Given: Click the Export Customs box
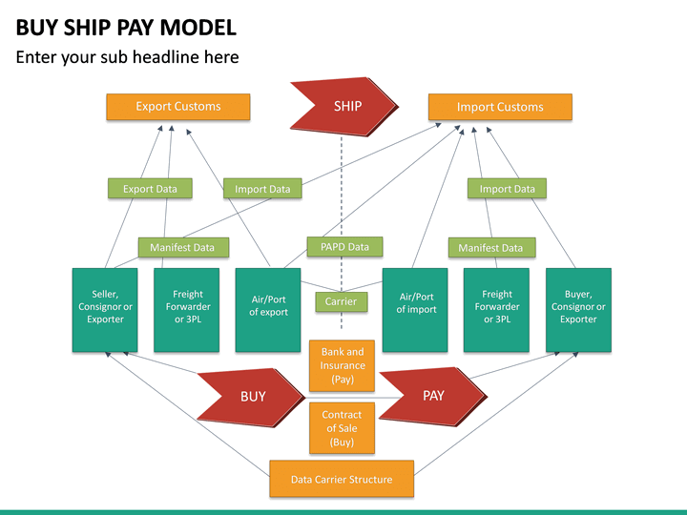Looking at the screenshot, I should [177, 107].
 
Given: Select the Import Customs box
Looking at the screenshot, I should [500, 107].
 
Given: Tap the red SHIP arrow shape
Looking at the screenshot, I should [343, 106].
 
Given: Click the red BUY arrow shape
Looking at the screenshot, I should [250, 396].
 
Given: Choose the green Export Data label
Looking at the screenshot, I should [150, 189].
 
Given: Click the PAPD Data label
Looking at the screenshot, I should [344, 247].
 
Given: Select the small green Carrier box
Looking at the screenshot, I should [341, 301].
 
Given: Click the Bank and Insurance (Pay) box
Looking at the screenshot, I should [343, 365].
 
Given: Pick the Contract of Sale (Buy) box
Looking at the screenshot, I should [342, 428].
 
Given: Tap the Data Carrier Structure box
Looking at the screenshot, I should [342, 479].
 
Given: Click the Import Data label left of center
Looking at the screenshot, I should [262, 189].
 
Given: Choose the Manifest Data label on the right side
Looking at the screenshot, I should [490, 248].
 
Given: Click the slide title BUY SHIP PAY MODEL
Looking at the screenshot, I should [126, 27].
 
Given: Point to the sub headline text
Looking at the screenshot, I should [127, 57].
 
